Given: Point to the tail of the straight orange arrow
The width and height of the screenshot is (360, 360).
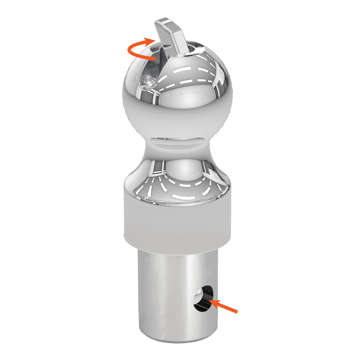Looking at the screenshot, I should [236, 311].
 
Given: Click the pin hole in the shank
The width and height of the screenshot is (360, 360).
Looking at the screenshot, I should [203, 299].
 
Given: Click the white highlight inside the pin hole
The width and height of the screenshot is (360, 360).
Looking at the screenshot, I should [198, 298].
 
